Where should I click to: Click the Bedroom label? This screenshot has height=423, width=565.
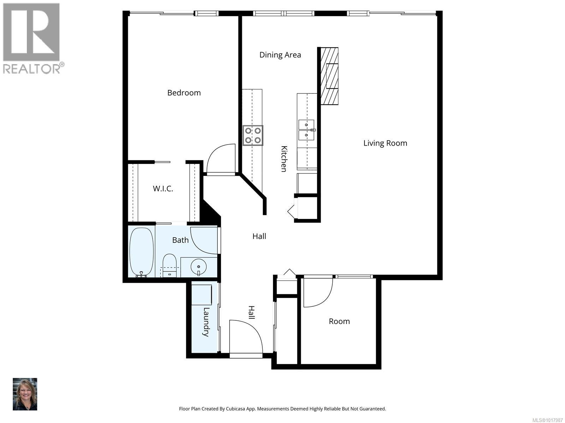click(184, 93)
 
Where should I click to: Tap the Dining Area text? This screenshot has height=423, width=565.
click(280, 55)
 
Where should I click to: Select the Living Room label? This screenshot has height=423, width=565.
click(385, 143)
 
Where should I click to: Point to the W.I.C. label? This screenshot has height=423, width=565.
click(163, 189)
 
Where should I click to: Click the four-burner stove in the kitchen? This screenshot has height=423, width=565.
click(253, 135)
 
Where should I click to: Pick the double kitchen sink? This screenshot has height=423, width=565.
click(307, 130)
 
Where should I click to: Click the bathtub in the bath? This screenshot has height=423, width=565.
click(142, 252)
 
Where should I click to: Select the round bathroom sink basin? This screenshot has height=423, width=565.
click(198, 267)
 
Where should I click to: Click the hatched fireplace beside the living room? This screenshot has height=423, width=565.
click(329, 76)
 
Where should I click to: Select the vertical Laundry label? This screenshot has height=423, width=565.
click(206, 322)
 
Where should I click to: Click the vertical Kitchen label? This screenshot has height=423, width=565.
click(284, 159)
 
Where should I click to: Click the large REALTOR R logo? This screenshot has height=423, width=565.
click(31, 32)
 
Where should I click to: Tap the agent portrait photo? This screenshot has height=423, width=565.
click(25, 394)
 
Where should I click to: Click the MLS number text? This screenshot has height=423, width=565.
click(547, 420)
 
